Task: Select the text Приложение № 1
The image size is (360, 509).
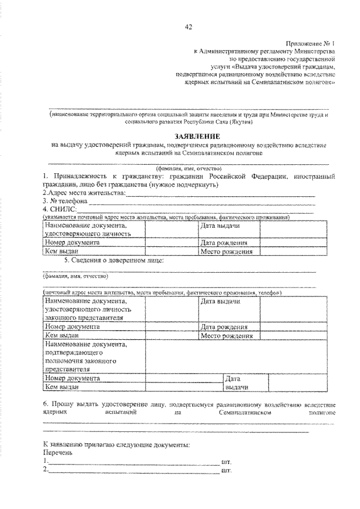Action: (311, 43)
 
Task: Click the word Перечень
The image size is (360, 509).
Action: (57, 453)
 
